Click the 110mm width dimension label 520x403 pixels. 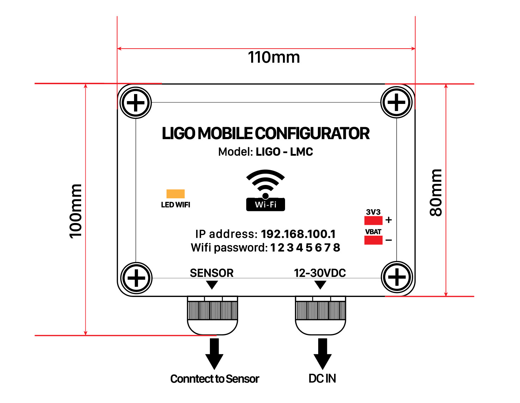274,57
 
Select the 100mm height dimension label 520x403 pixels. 75,211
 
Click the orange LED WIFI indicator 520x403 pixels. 176,194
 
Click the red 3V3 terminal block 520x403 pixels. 373,221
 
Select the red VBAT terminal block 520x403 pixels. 373,240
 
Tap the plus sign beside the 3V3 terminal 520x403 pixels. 389,220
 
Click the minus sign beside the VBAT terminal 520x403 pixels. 389,240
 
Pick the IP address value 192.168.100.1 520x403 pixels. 298,234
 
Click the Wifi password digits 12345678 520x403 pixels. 305,248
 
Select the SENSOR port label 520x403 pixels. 212,273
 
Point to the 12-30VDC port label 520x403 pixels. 320,273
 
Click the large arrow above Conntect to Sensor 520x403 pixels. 214,353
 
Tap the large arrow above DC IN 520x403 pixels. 322,353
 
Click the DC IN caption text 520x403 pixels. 322,379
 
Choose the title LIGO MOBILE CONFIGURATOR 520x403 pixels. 265,134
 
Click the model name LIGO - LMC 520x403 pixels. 284,152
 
